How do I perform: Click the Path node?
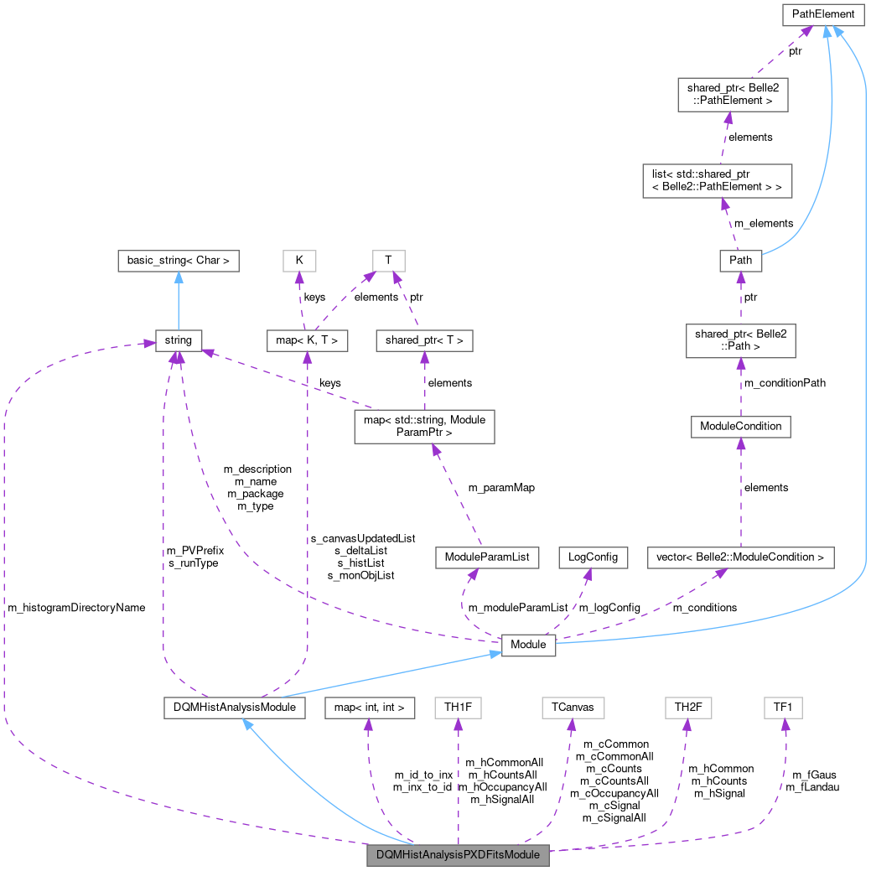click(740, 261)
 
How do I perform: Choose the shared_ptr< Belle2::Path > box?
click(740, 340)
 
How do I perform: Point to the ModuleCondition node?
click(740, 426)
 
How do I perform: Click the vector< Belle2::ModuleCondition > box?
click(741, 557)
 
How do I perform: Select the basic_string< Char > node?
click(179, 261)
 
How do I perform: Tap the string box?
click(178, 340)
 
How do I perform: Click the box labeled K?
click(299, 261)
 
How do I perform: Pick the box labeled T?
click(388, 261)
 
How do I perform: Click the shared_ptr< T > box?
click(425, 340)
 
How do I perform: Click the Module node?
click(528, 645)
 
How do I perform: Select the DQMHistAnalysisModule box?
click(233, 708)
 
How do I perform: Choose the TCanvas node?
click(573, 708)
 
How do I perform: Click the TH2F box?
click(687, 708)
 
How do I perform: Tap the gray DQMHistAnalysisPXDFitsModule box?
click(459, 855)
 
